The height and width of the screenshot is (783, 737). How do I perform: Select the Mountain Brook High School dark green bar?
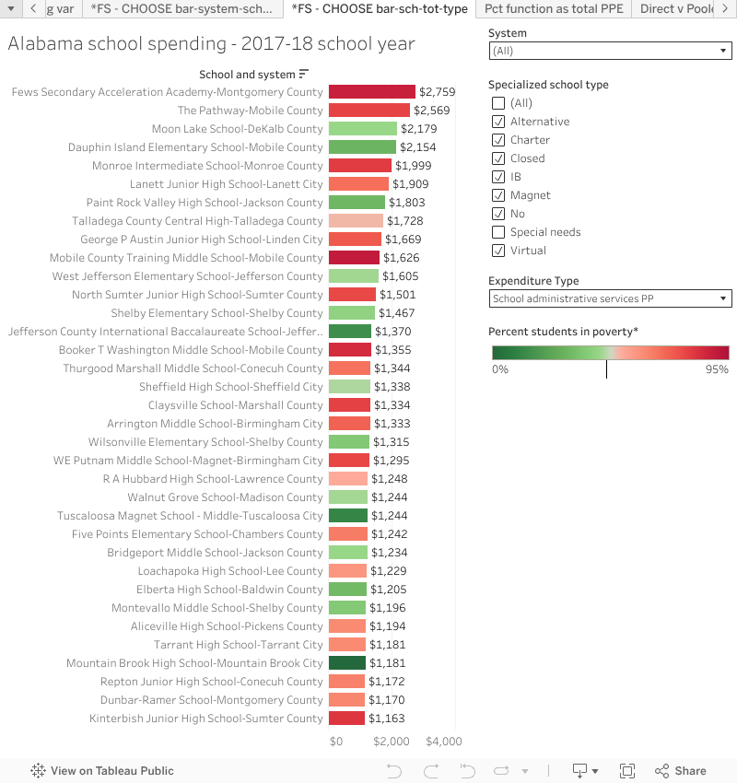(347, 663)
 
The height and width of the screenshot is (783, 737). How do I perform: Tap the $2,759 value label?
(437, 92)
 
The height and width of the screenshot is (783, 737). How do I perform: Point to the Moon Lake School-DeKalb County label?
(237, 129)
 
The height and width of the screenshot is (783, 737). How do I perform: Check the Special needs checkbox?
(498, 232)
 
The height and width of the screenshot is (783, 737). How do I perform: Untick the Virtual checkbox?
(498, 251)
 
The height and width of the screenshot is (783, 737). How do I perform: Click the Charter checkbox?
(498, 140)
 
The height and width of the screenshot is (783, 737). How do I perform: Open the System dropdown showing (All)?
(610, 52)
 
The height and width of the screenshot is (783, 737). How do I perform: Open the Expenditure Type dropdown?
(610, 298)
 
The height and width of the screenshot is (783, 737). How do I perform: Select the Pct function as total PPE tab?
(554, 9)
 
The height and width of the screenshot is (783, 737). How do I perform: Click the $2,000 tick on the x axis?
(392, 742)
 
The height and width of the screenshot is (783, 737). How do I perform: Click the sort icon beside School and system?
(304, 74)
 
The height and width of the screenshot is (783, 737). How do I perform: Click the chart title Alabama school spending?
(211, 44)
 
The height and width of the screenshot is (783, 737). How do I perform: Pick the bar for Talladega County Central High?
(356, 221)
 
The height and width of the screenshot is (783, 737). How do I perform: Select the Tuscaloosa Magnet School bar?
(347, 516)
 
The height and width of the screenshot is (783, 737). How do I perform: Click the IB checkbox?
(498, 177)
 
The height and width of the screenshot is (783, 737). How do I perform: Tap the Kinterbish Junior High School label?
(206, 719)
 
